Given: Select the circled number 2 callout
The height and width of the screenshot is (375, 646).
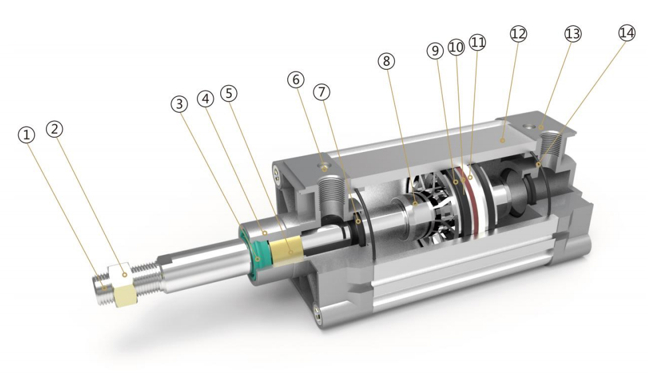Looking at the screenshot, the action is click(55, 129).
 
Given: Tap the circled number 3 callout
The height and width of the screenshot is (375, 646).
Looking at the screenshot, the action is click(179, 104).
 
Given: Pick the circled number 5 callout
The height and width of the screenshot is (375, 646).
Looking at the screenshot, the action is click(229, 94).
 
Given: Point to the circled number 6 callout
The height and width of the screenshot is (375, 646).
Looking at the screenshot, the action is click(296, 79).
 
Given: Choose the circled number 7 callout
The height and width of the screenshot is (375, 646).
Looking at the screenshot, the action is click(322, 92).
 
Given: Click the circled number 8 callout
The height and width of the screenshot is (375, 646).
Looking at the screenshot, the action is click(386, 61).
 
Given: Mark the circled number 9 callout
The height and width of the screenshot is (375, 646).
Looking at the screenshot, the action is click(435, 50).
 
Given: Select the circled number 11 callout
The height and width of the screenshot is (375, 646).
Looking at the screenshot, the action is click(477, 43).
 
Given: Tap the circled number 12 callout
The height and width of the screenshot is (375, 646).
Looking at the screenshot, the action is click(518, 33).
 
